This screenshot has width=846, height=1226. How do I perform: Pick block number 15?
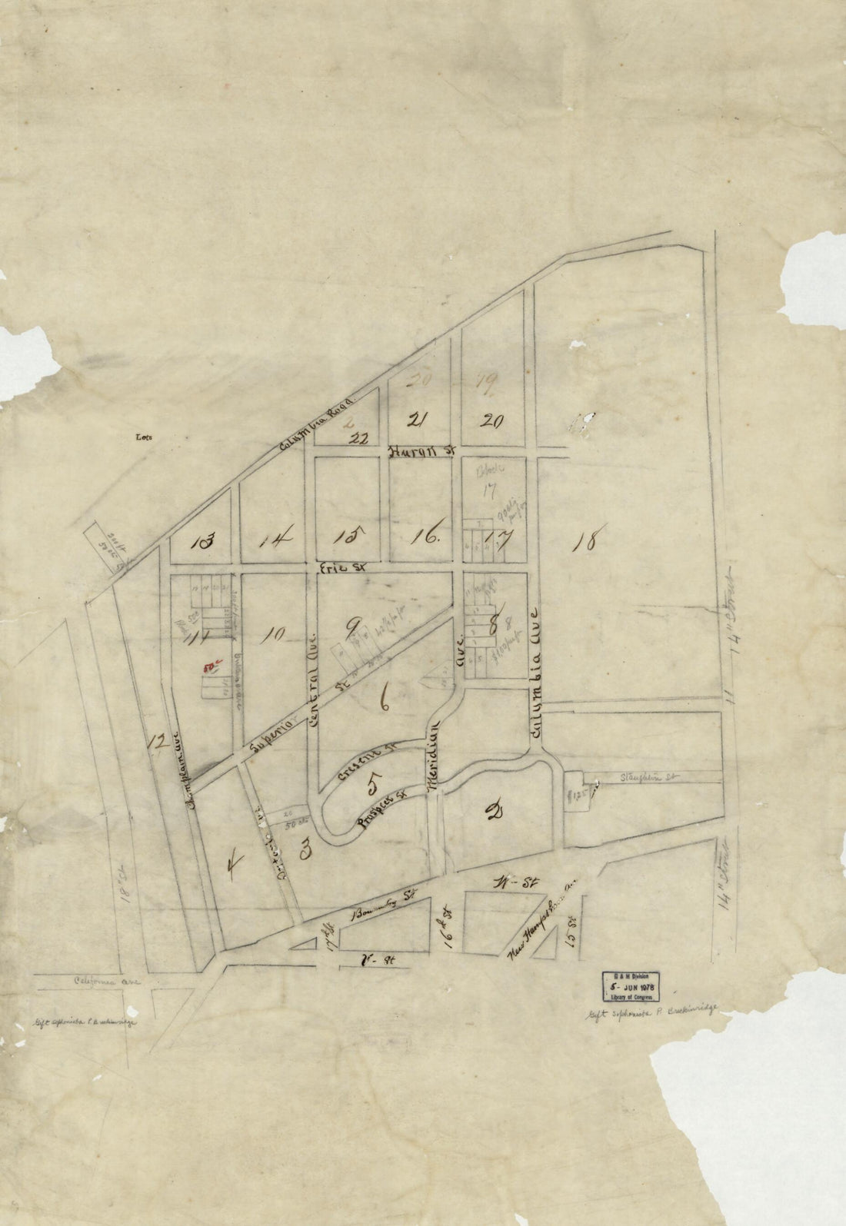tap(349, 537)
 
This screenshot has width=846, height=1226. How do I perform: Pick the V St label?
tap(372, 959)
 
